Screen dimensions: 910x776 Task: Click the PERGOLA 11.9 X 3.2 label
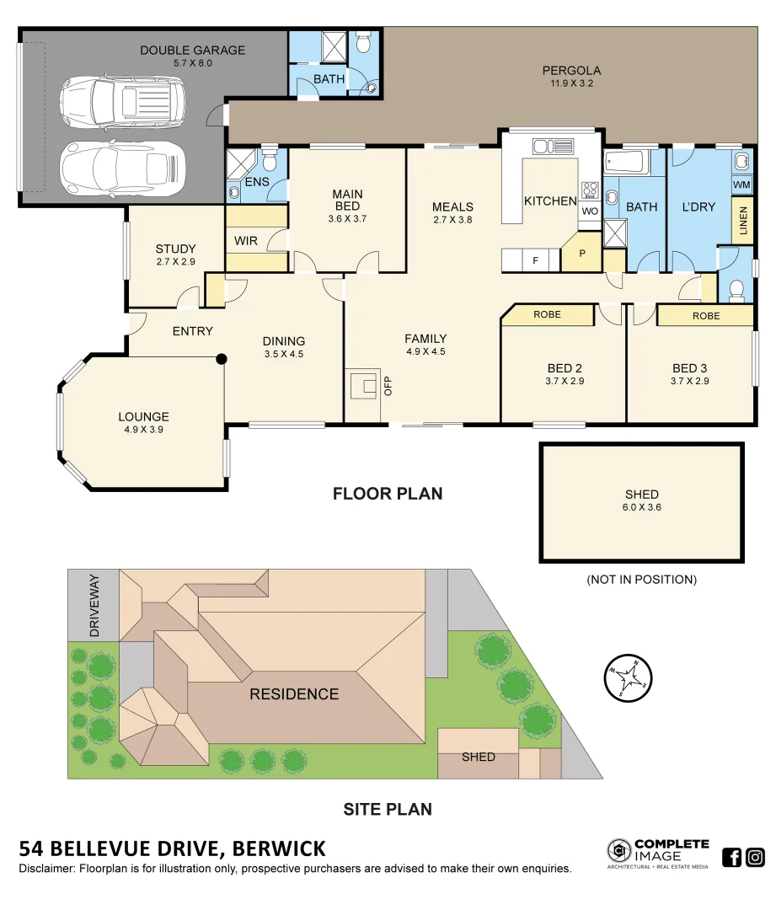click(x=571, y=77)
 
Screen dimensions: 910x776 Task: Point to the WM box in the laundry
click(x=741, y=184)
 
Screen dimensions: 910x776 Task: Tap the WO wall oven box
click(x=589, y=211)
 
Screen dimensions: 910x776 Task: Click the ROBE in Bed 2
click(x=547, y=315)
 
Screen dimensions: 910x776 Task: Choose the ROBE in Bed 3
click(x=705, y=316)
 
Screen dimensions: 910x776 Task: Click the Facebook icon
click(x=732, y=858)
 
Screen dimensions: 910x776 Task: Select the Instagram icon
click(x=755, y=858)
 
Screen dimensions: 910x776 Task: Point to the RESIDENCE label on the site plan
click(x=294, y=694)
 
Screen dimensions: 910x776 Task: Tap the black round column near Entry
click(x=222, y=358)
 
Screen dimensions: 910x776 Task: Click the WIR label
click(x=245, y=241)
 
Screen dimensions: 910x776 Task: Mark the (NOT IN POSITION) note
click(x=641, y=580)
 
